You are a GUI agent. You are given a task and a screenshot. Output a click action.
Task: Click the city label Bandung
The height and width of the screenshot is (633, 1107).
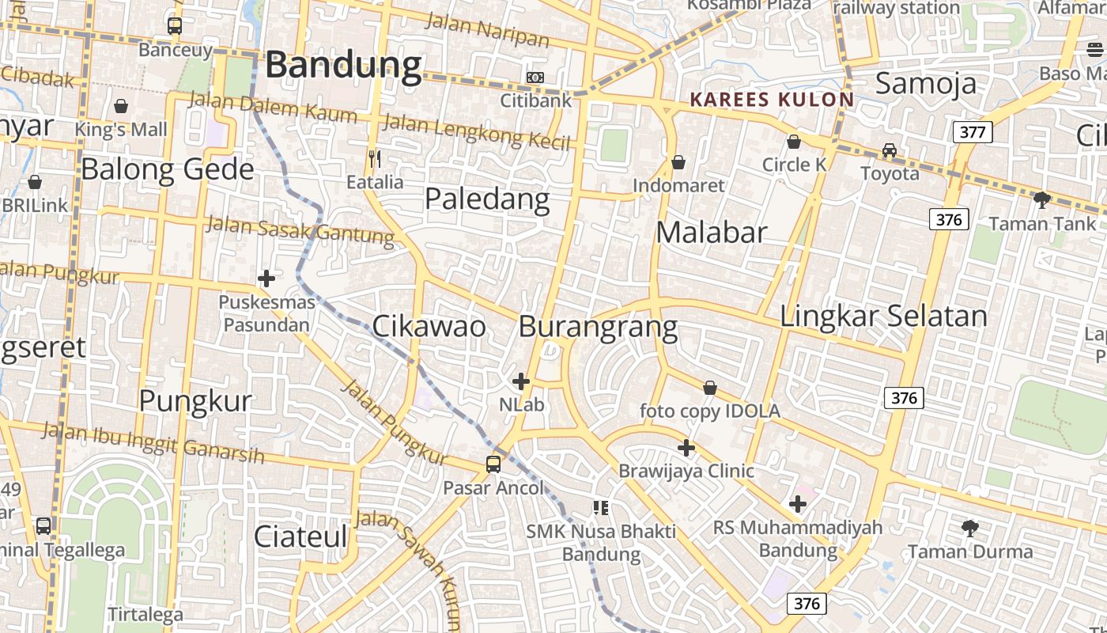tap(343, 65)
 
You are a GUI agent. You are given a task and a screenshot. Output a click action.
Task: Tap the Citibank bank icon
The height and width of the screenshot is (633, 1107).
tap(535, 77)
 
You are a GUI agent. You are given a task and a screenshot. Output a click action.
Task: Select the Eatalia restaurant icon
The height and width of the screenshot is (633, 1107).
tap(375, 159)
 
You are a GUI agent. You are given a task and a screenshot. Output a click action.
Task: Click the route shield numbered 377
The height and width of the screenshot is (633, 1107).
tap(972, 132)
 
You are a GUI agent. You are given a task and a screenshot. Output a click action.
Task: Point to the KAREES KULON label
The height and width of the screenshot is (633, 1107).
tap(772, 100)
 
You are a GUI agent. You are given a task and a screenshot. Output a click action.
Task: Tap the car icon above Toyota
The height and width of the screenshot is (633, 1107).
tap(890, 150)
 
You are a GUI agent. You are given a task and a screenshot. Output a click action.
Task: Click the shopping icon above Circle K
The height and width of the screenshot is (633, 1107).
tap(794, 142)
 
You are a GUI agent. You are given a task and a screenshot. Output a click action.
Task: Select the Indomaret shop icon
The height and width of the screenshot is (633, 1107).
tap(678, 162)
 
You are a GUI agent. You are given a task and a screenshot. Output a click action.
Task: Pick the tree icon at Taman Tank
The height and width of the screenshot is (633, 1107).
tap(1042, 199)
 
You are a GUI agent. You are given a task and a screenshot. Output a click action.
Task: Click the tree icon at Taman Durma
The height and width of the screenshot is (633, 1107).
tap(970, 527)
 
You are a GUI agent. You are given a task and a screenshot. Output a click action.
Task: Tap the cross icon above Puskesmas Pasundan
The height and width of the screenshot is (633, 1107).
tap(266, 278)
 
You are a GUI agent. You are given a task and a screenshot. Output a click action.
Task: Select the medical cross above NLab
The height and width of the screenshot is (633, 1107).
tap(521, 381)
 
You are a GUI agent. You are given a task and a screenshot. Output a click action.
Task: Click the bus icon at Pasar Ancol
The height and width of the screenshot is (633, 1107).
tap(493, 464)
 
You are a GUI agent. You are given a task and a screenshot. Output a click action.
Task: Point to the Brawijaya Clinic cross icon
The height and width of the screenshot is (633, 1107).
tap(686, 448)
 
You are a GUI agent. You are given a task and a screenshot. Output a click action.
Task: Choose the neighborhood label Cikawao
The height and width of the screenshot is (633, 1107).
tap(429, 326)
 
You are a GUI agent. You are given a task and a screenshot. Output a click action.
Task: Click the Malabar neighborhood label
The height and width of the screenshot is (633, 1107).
tap(712, 232)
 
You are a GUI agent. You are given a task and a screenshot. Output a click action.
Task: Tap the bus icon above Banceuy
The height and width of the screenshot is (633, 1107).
tap(175, 26)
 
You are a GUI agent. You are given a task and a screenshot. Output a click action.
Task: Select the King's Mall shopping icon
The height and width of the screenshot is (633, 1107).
tap(121, 105)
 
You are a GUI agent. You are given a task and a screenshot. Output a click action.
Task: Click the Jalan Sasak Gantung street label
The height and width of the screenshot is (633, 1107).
tap(300, 229)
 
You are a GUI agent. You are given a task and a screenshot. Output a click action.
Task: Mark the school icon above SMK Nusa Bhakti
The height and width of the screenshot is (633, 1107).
tap(601, 507)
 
